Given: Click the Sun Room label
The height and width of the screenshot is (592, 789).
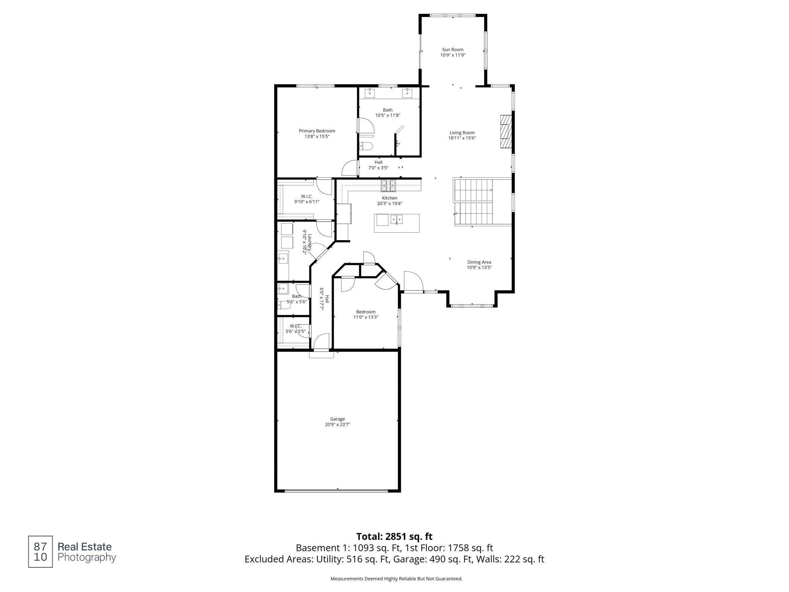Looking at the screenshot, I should pyautogui.click(x=453, y=49).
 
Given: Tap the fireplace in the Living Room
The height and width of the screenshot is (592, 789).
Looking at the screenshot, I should pyautogui.click(x=505, y=132).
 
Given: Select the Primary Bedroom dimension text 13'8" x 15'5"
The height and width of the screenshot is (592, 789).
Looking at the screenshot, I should pyautogui.click(x=317, y=136).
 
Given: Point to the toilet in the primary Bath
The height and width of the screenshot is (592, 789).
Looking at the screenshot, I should pyautogui.click(x=366, y=146).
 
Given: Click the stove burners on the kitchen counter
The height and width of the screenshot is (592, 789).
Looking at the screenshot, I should pyautogui.click(x=388, y=185).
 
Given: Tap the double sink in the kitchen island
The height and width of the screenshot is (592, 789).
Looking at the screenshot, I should pyautogui.click(x=397, y=219).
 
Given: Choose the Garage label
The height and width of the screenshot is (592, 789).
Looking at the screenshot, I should pyautogui.click(x=337, y=419).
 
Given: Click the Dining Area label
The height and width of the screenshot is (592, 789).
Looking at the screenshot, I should pyautogui.click(x=479, y=262).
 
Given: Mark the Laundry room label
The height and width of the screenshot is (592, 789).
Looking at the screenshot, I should pyautogui.click(x=310, y=242).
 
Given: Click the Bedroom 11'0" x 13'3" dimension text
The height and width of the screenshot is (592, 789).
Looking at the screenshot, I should pyautogui.click(x=366, y=317).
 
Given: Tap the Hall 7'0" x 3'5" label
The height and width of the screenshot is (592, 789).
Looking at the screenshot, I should pyautogui.click(x=378, y=165).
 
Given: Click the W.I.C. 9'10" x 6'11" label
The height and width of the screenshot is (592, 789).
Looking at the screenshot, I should pyautogui.click(x=306, y=199).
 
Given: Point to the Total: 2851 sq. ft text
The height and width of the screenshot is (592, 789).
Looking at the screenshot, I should pyautogui.click(x=394, y=537).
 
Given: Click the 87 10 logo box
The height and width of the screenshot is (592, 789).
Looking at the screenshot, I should pyautogui.click(x=40, y=552).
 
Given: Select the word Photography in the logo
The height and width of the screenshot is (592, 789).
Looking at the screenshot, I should pyautogui.click(x=86, y=557).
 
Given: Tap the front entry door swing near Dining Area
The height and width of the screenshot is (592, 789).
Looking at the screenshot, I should pyautogui.click(x=413, y=281).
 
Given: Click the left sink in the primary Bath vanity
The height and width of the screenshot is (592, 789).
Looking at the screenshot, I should pyautogui.click(x=370, y=93).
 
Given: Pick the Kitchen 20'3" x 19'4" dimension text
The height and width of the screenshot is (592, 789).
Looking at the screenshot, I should pyautogui.click(x=390, y=203).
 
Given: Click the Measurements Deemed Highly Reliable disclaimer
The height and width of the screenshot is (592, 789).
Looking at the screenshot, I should pyautogui.click(x=396, y=579).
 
